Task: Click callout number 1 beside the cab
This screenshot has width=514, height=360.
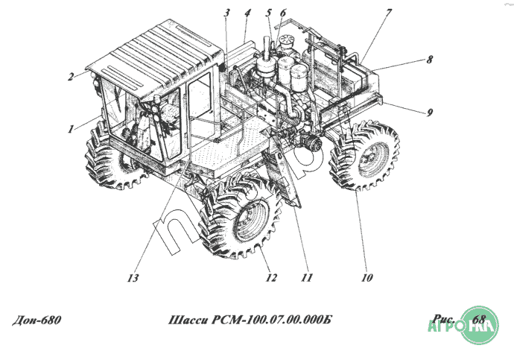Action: point(71,128)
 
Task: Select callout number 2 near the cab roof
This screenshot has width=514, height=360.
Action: point(71,76)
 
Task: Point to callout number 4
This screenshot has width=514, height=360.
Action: point(247,14)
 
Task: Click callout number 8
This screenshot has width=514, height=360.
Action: point(429,60)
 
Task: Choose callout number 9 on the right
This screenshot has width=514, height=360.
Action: point(430,113)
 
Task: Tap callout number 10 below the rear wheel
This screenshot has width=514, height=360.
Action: point(366,279)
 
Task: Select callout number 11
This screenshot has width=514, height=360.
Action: point(305,279)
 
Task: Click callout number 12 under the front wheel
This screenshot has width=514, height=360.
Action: point(271,279)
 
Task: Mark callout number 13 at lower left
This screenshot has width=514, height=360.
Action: point(133,279)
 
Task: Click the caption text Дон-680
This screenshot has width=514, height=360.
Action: point(37,320)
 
